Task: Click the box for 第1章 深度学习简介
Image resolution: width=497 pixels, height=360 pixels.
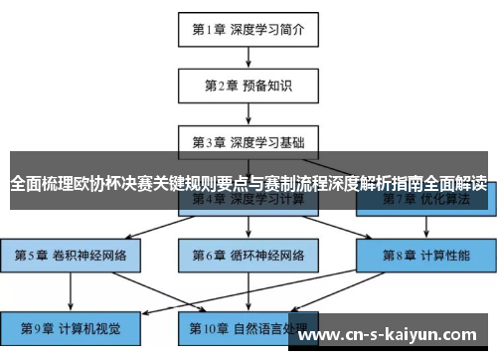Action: pyautogui.click(x=248, y=29)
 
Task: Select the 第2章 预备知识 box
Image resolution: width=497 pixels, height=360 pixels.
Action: pyautogui.click(x=248, y=85)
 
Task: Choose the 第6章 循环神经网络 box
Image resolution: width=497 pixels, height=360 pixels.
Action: pyautogui.click(x=248, y=255)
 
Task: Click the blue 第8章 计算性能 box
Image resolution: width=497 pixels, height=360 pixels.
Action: pyautogui.click(x=426, y=255)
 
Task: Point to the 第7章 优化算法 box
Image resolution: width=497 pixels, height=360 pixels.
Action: pyautogui.click(x=426, y=199)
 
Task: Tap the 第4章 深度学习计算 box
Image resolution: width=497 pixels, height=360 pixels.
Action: pyautogui.click(x=248, y=199)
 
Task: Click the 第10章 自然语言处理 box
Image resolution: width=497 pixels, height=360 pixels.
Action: pyautogui.click(x=248, y=327)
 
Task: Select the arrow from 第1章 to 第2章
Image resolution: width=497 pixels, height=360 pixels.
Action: pyautogui.click(x=248, y=57)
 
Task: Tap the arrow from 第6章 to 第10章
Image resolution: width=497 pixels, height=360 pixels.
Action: pyautogui.click(x=248, y=290)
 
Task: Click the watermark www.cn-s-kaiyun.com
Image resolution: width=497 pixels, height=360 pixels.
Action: pyautogui.click(x=392, y=334)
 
